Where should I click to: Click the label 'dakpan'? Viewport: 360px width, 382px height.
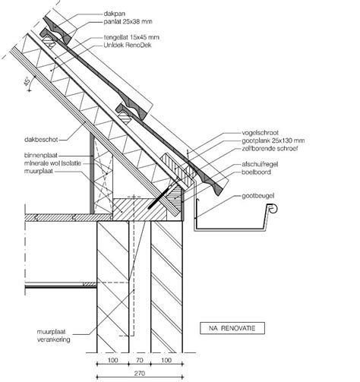point(114,14)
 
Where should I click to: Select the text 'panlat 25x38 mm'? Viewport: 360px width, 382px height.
point(128,22)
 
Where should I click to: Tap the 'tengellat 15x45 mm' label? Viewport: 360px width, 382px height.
point(131,37)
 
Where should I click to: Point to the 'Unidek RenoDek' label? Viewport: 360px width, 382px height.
point(128,46)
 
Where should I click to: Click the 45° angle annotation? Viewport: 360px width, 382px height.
point(27,82)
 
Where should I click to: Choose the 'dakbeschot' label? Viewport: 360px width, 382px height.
point(41,140)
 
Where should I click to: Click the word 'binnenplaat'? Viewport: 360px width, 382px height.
point(41,155)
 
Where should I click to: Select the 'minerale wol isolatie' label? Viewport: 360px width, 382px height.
point(52,163)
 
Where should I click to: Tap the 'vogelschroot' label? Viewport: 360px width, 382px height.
point(260,133)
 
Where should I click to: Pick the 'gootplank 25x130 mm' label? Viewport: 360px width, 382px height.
point(273,140)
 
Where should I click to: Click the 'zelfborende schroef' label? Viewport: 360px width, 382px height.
point(270,148)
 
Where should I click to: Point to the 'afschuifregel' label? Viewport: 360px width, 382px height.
point(260,164)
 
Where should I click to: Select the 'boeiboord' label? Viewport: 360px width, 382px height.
point(256,172)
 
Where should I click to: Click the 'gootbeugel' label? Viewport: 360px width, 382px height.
point(258,196)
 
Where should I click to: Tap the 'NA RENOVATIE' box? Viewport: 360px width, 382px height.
point(232,328)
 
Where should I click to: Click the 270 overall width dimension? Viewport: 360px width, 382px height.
point(140,373)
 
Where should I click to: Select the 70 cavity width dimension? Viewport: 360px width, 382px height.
point(140,360)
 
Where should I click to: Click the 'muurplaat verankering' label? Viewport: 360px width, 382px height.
point(54,336)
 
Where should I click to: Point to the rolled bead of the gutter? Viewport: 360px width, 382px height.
point(273,208)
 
